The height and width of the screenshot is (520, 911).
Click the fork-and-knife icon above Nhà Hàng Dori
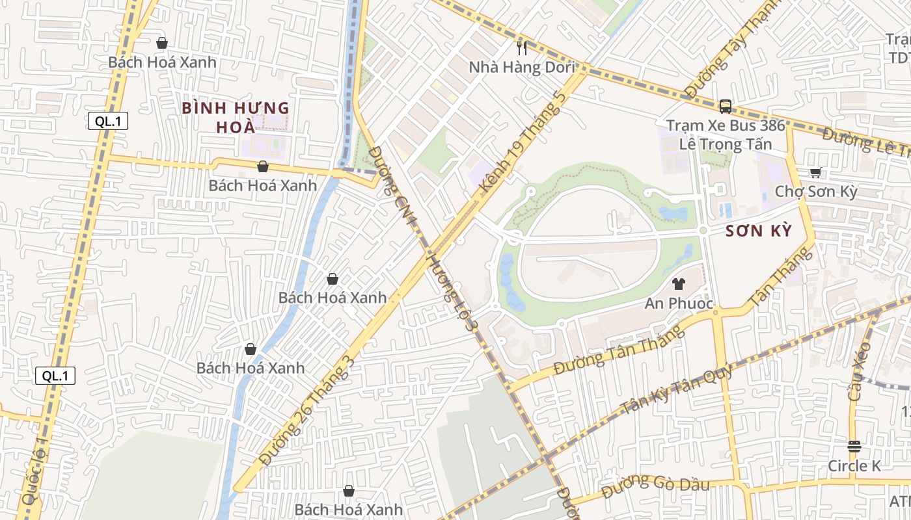(x=522, y=47)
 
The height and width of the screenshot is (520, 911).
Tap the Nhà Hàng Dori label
(x=522, y=68)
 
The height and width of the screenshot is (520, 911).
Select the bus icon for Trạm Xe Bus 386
(x=726, y=106)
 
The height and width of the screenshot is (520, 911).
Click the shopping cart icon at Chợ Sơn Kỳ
(x=815, y=172)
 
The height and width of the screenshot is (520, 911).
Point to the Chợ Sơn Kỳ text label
(x=815, y=192)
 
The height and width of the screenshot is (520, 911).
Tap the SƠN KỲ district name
(x=758, y=231)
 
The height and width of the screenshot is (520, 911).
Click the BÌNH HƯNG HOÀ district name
(x=235, y=117)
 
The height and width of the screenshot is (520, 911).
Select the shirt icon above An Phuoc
(x=678, y=284)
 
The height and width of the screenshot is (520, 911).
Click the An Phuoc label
(x=679, y=304)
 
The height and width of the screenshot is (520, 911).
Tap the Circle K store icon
(x=854, y=447)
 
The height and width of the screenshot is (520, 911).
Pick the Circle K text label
(x=854, y=466)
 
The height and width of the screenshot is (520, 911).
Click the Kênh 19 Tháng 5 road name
(x=522, y=142)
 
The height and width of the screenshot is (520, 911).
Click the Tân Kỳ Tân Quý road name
(x=677, y=389)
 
